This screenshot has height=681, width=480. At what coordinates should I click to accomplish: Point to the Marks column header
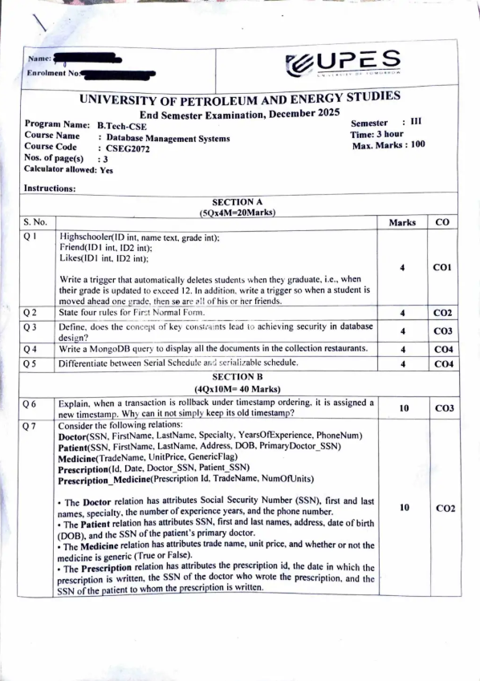(401, 222)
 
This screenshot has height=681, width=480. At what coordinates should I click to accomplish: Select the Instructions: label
(50, 188)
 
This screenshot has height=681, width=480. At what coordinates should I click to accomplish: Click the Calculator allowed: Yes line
(69, 170)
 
